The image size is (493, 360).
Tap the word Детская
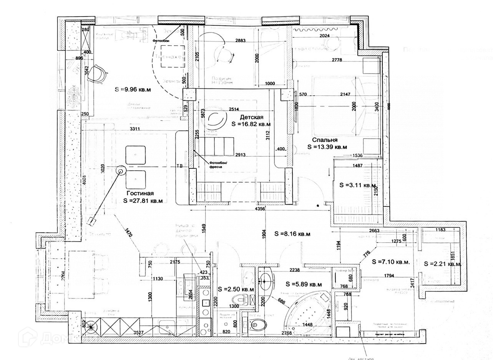click(252, 117)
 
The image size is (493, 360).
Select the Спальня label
click(325, 140)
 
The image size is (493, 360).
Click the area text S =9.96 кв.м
click(133, 89)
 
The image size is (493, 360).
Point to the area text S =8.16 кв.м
click(292, 233)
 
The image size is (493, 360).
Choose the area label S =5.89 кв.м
click(304, 284)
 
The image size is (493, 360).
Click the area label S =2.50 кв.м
click(236, 289)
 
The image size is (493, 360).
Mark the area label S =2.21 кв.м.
click(442, 264)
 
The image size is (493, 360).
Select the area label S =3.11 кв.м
click(358, 185)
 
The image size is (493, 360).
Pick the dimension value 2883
click(241, 40)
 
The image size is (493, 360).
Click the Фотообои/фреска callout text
click(218, 165)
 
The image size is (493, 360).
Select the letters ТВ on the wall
click(179, 166)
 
